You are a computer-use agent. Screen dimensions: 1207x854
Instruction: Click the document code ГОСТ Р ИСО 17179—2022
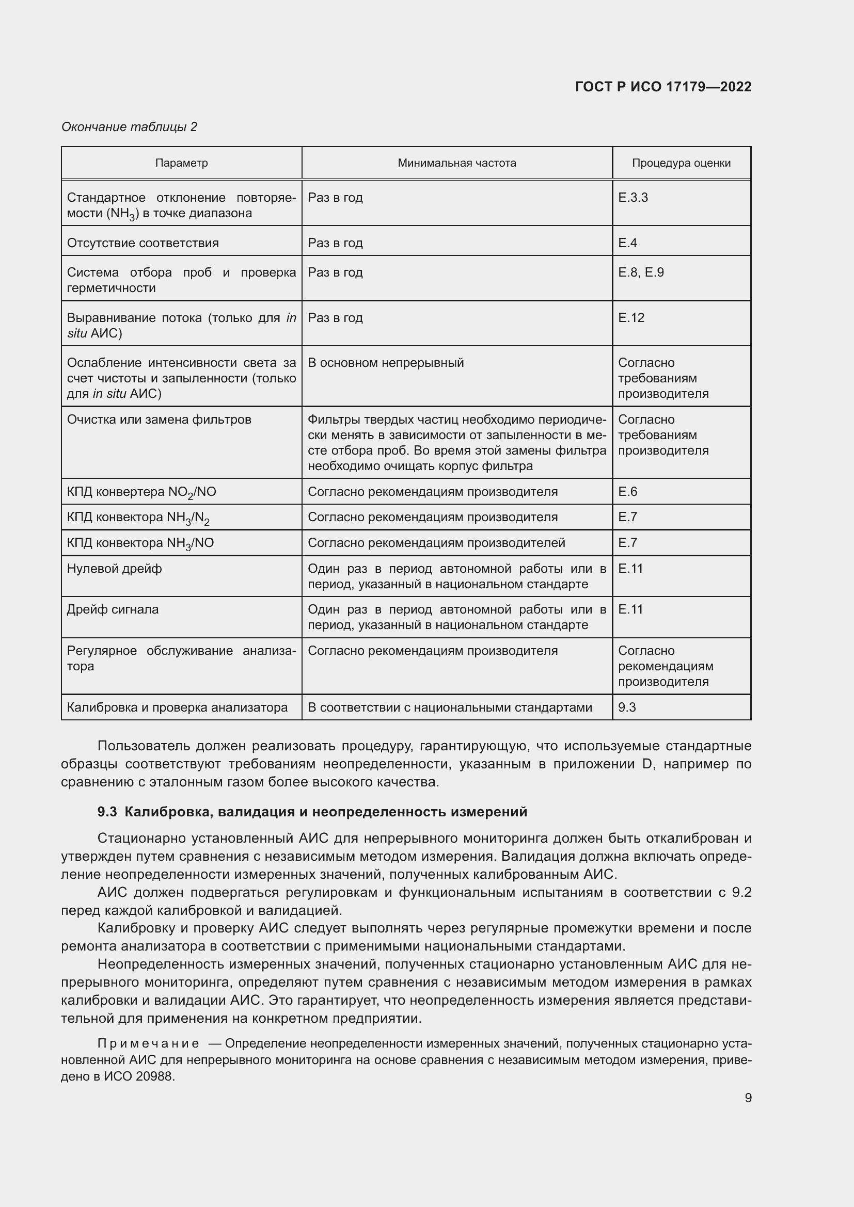tap(663, 87)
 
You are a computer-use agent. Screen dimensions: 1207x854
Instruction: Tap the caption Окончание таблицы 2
tap(130, 127)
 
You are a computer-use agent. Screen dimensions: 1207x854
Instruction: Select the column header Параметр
tap(181, 163)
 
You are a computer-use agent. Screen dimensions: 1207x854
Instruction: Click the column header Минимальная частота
tap(456, 163)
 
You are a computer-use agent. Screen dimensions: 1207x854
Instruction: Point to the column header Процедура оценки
tap(681, 163)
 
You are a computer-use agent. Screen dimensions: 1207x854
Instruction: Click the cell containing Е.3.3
tap(632, 198)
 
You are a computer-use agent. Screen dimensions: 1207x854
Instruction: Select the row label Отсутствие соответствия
tap(143, 243)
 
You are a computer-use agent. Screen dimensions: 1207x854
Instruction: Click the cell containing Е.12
tap(631, 317)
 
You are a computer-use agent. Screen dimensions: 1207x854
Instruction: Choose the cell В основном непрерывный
tap(386, 363)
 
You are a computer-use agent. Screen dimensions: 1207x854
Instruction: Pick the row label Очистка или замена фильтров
tap(159, 420)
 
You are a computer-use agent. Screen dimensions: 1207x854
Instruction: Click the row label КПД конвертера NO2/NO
tap(141, 492)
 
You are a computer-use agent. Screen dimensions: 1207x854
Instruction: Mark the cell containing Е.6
tap(627, 492)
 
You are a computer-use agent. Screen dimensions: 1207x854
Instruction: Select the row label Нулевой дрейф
tap(114, 568)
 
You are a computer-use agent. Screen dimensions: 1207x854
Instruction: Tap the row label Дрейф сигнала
tap(113, 609)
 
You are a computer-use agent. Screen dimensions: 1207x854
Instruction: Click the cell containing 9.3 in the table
tap(627, 707)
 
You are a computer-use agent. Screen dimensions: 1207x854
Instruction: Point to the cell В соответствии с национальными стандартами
tap(450, 707)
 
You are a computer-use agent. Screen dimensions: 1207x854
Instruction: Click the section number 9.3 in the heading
tap(107, 812)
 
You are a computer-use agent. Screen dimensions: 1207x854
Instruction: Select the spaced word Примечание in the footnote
tap(148, 1043)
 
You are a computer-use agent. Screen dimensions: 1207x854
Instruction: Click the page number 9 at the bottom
tap(748, 1098)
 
